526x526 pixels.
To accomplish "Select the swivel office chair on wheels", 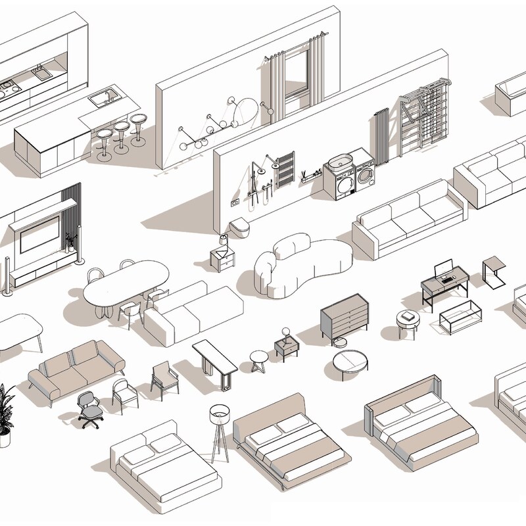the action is [89, 408].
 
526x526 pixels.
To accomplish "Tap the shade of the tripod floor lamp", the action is [218, 414].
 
